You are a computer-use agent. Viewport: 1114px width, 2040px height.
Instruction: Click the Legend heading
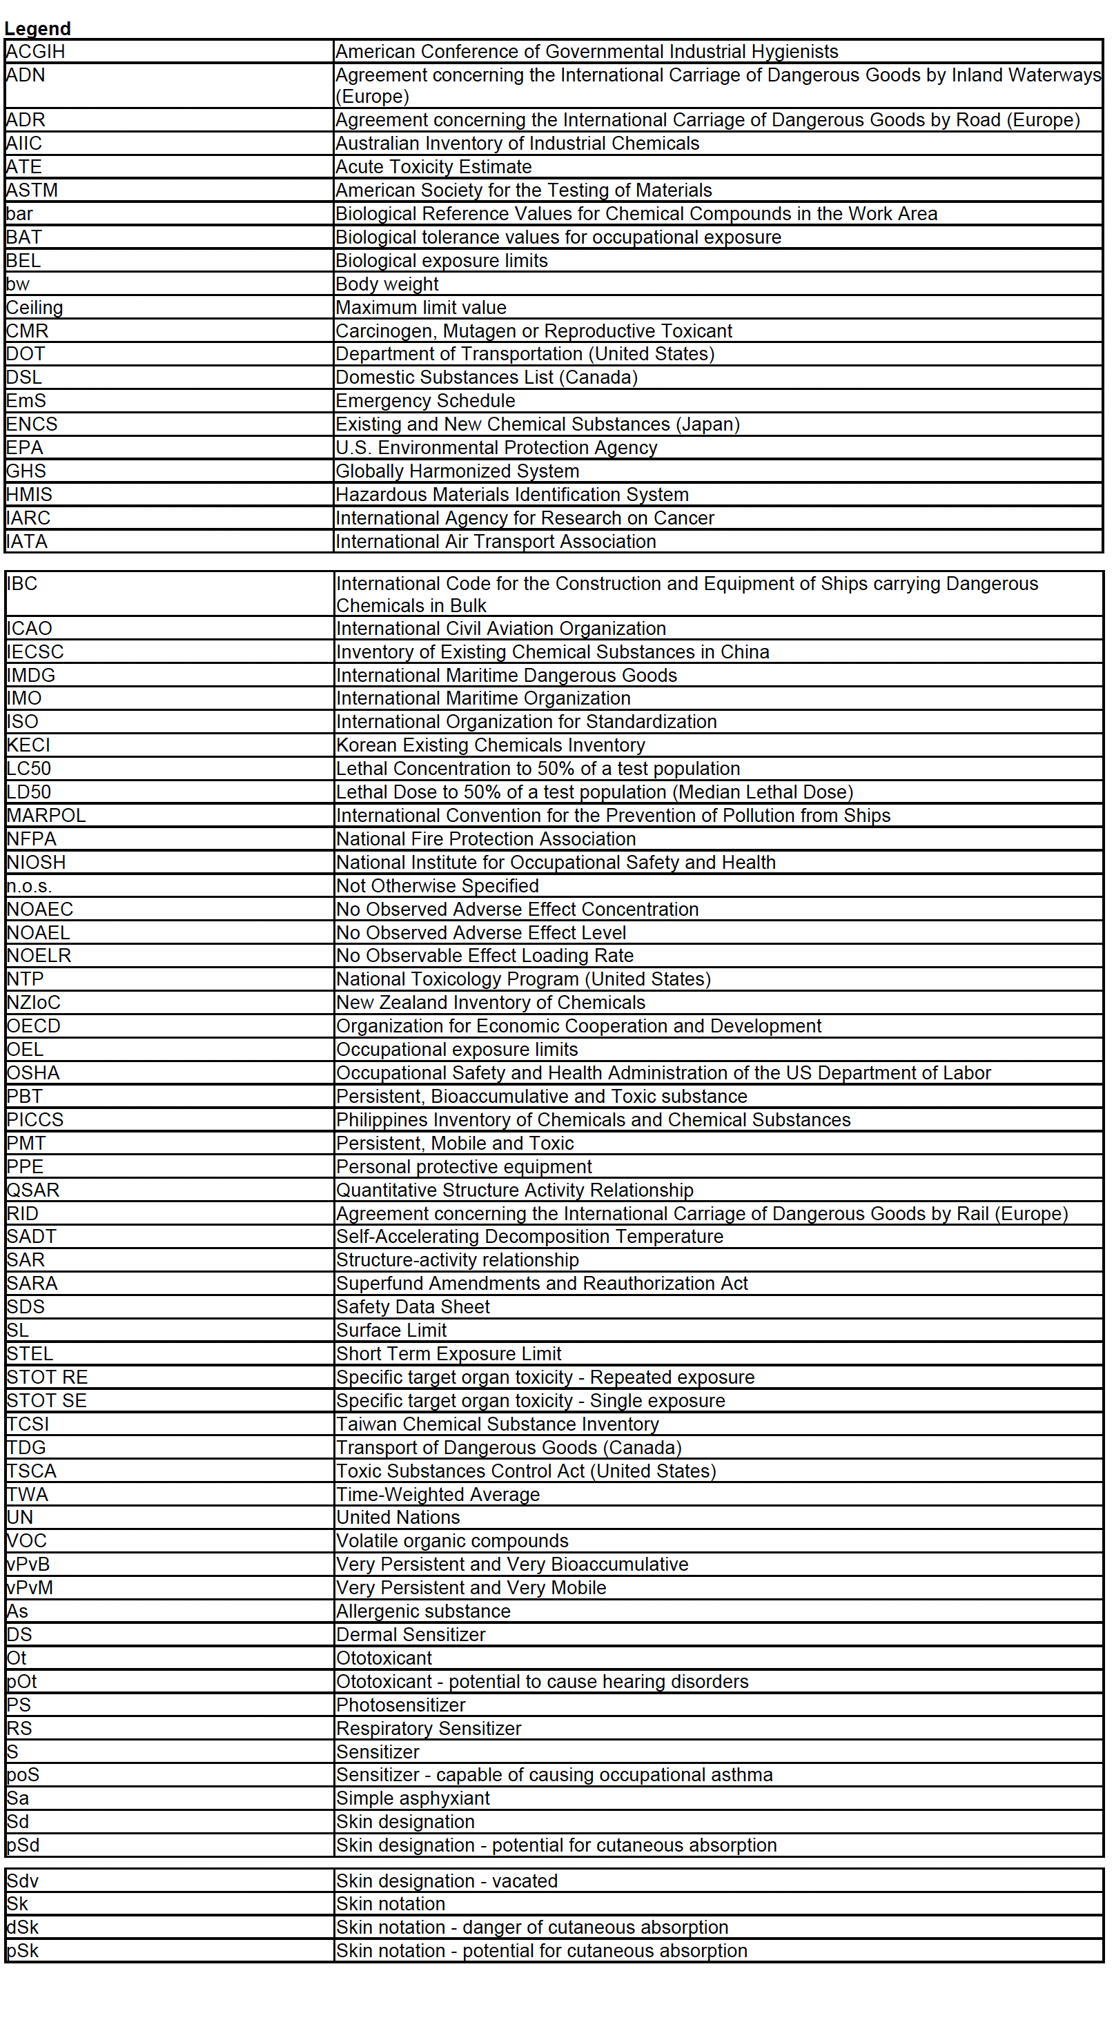[x=37, y=28]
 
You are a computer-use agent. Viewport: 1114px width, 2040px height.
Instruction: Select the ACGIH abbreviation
[x=36, y=52]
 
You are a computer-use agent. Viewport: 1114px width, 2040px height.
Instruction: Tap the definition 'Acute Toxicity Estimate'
[x=433, y=167]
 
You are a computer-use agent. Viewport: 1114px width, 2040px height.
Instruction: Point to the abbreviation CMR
[x=27, y=331]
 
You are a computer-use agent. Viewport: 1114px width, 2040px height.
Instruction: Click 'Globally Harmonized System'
[x=457, y=471]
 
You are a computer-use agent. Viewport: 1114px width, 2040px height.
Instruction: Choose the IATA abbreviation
[x=27, y=542]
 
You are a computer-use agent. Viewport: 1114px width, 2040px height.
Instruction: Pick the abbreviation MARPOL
[x=46, y=816]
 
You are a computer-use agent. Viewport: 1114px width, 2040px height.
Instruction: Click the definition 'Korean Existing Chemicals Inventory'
[x=490, y=745]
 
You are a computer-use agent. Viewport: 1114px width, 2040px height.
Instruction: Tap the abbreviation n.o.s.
[x=29, y=886]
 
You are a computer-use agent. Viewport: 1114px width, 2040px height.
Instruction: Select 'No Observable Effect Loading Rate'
[x=485, y=956]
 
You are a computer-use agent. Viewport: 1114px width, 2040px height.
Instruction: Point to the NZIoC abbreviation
[x=33, y=1003]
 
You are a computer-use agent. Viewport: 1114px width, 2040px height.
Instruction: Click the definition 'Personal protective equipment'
[x=463, y=1166]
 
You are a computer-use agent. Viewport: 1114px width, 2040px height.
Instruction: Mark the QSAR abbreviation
[x=33, y=1190]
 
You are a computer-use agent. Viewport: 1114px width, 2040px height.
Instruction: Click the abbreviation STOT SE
[x=47, y=1401]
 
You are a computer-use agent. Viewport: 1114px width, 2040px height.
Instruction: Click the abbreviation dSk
[x=22, y=1927]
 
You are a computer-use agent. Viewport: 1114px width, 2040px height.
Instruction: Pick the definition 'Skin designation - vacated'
[x=447, y=1881]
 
